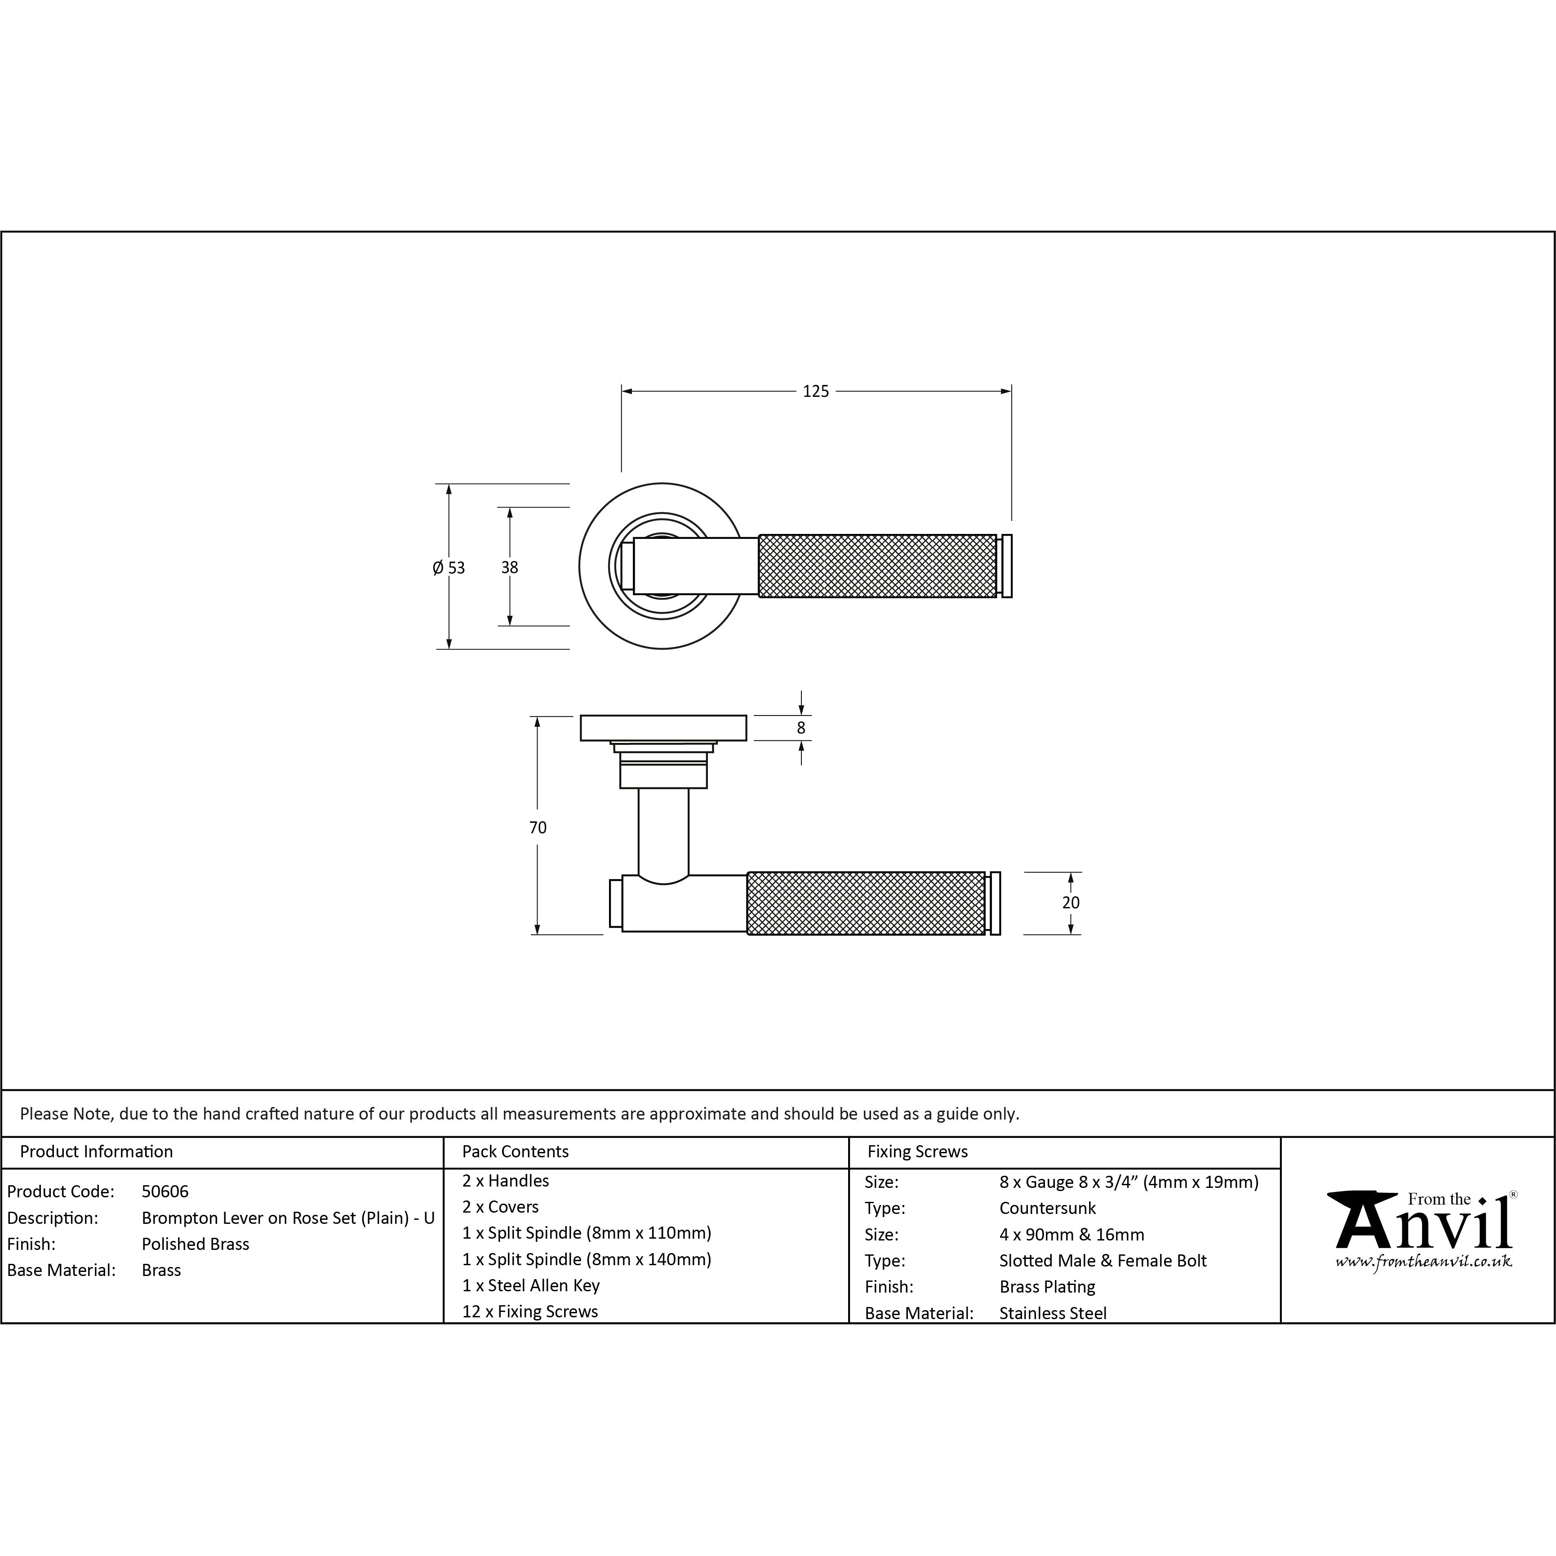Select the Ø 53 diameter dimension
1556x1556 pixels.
coord(449,568)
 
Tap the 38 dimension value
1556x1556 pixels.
coord(509,567)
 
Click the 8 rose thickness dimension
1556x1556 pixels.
coord(800,728)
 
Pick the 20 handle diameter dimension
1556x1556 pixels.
coord(1070,903)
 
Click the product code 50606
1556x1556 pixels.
coord(165,1191)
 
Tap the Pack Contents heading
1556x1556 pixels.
coord(516,1151)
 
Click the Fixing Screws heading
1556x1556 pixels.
coord(917,1151)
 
